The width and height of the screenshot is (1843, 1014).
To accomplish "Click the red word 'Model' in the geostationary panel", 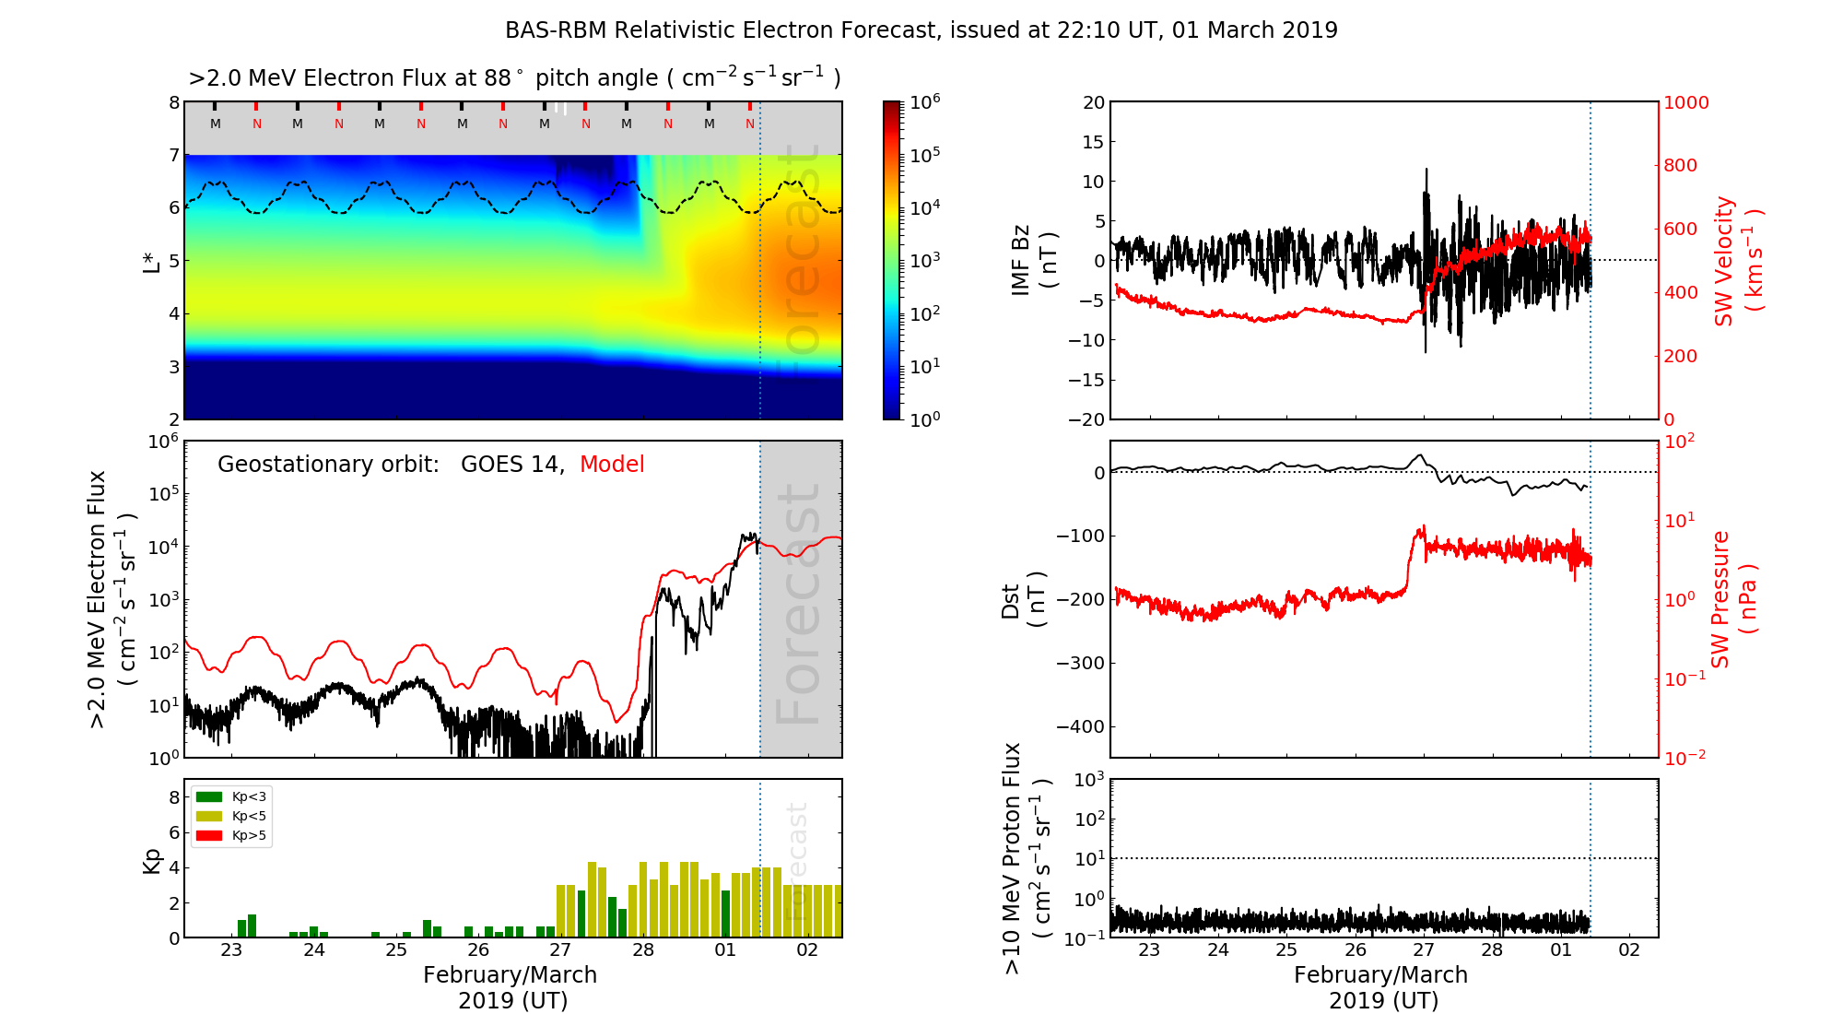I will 612,465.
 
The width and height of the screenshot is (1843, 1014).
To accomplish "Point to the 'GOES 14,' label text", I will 512,465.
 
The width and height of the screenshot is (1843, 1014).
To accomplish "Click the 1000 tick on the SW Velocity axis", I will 1685,102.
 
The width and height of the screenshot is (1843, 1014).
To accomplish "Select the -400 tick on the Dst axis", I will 1079,726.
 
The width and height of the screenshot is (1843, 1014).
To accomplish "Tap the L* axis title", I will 151,261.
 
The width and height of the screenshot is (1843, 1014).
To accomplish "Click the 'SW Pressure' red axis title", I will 1720,599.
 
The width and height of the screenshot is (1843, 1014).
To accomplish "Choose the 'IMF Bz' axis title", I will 1021,261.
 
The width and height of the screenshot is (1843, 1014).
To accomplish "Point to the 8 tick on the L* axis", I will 173,102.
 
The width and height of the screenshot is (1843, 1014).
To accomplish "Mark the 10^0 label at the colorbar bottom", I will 925,419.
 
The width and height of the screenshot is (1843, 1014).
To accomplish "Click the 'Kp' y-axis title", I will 151,860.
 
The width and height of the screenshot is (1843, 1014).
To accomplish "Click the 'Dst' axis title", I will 1011,600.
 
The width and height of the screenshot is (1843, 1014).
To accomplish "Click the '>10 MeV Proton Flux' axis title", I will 1012,858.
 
